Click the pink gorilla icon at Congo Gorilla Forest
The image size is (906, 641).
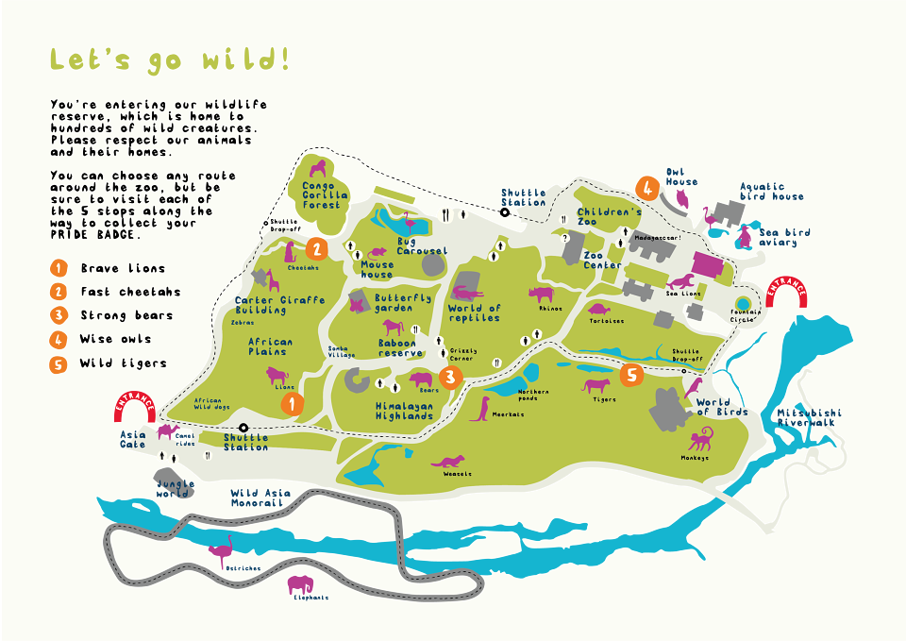coord(319,170)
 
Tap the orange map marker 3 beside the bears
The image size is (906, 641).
coord(451,378)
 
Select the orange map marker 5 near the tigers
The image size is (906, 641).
coord(632,375)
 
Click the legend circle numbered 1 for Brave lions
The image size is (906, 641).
coord(59,268)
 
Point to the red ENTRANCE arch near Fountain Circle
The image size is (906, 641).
coord(786,291)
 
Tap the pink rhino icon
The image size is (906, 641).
coord(542,294)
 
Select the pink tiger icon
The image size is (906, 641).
coord(596,384)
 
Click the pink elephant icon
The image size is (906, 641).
coord(301,583)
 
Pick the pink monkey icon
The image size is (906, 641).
coord(699,439)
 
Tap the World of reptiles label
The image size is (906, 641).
coord(475,312)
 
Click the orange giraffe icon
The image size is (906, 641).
coord(273,280)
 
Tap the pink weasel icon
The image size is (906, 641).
coord(448,462)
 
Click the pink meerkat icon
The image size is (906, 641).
coord(481,407)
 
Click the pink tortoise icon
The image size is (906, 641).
coord(598,308)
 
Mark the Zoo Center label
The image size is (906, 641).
coord(601,260)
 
